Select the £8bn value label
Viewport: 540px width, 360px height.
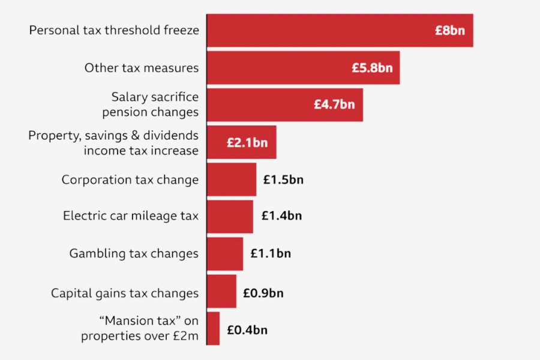pos(450,31)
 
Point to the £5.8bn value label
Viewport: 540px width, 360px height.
pos(372,68)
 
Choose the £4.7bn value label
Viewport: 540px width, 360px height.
pos(334,104)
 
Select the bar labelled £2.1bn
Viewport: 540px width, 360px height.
pos(242,142)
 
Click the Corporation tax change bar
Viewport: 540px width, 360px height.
pos(232,179)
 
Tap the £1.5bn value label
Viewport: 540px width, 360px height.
pos(283,180)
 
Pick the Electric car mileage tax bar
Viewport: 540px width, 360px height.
pos(230,216)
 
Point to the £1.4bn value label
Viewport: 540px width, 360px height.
pos(281,216)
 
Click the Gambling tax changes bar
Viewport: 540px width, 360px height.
pos(225,254)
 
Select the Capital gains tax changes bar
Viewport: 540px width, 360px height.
pos(221,291)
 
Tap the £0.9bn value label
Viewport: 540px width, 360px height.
pos(263,293)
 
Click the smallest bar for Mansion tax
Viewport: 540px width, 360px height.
pos(213,328)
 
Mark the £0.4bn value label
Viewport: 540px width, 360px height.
pos(247,330)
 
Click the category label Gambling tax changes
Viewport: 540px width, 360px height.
pos(134,254)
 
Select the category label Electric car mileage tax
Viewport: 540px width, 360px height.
pos(131,216)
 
